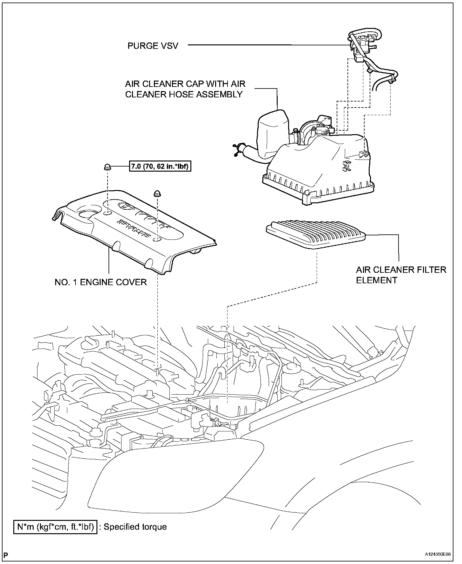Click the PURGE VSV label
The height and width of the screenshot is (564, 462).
(x=153, y=46)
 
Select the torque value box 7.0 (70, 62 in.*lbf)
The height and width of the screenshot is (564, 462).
(x=160, y=166)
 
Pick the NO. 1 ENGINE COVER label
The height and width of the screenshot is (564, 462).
(x=101, y=282)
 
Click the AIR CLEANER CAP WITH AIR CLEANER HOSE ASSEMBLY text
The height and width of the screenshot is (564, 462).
(x=185, y=89)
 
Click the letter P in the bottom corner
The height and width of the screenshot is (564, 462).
(x=6, y=555)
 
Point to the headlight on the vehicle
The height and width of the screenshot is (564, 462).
(x=178, y=476)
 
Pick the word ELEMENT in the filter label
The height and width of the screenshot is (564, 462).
(x=376, y=280)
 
